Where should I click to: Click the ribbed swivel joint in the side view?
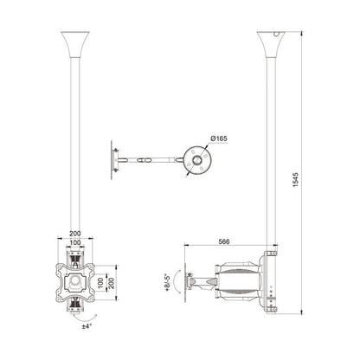coord(228,280)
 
